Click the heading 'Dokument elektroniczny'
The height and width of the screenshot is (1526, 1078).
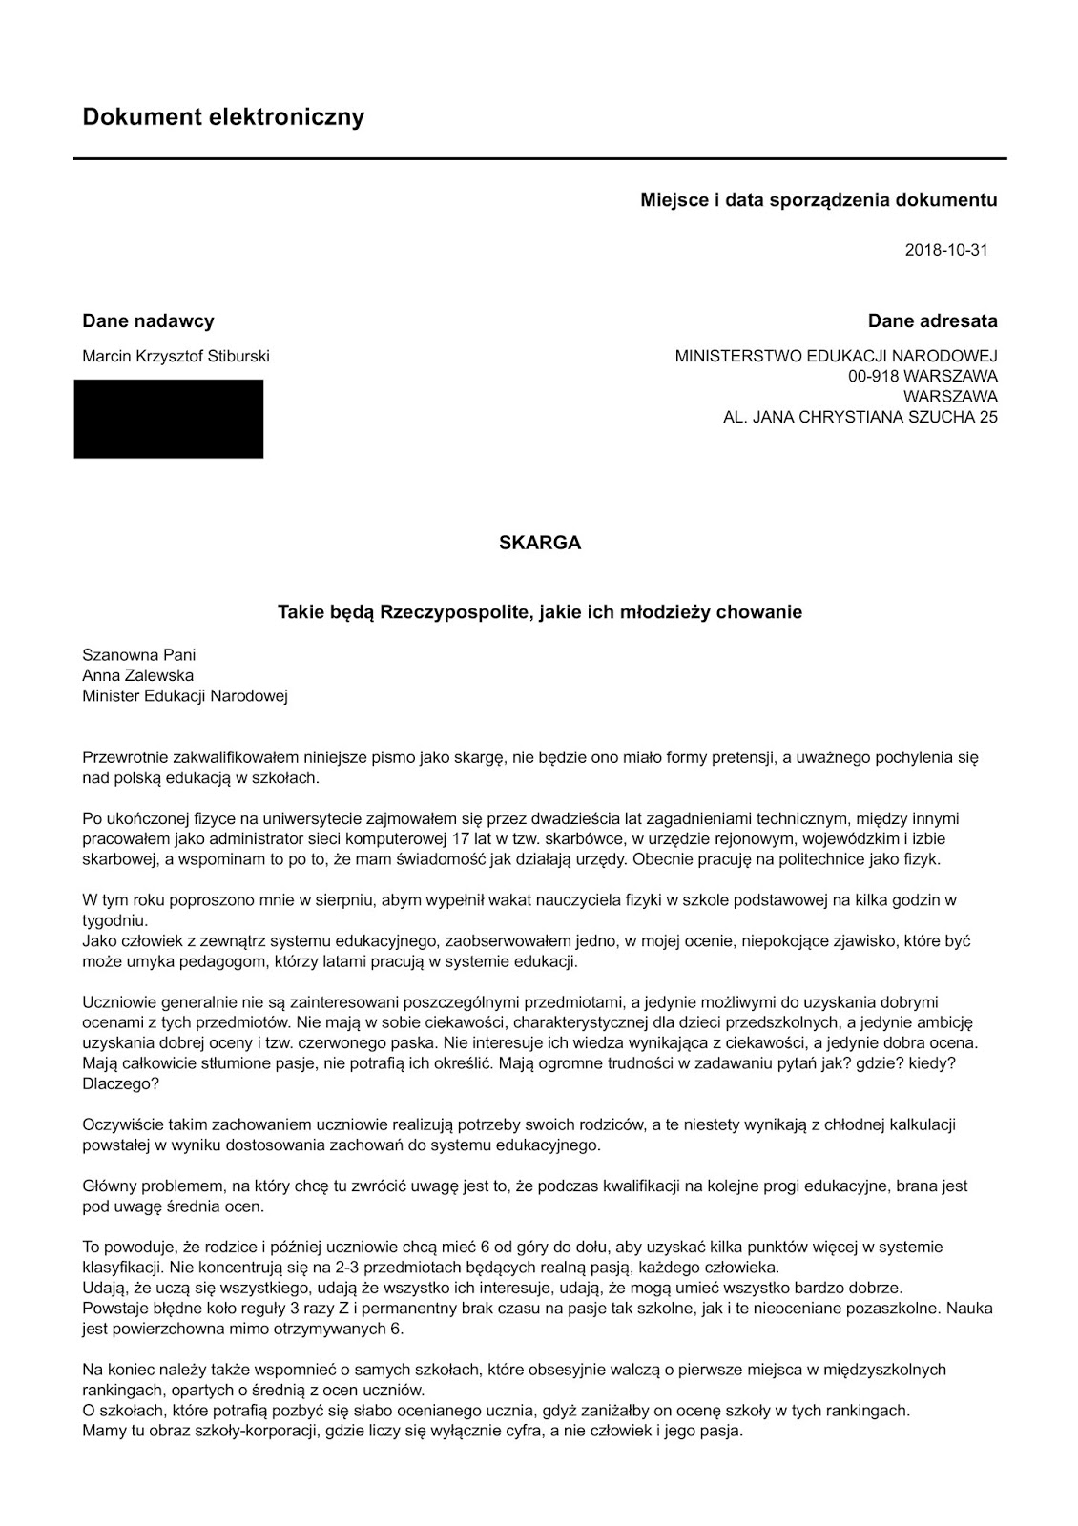pos(223,117)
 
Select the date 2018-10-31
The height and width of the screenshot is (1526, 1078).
pos(945,250)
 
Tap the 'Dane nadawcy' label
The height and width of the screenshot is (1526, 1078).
pos(148,320)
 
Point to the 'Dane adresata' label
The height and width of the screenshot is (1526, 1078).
pos(932,320)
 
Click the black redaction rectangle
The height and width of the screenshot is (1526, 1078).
pos(169,419)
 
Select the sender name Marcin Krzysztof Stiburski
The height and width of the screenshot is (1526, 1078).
pos(176,356)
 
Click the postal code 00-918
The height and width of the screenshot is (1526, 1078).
pos(870,376)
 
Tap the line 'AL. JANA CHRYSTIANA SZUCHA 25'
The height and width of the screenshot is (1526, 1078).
pos(860,417)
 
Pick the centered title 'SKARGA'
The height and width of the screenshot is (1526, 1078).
pos(540,543)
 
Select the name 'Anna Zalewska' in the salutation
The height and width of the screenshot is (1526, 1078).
pos(138,675)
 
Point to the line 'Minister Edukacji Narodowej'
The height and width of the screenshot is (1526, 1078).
pos(185,695)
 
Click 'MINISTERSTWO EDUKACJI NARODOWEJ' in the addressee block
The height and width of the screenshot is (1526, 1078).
pos(836,356)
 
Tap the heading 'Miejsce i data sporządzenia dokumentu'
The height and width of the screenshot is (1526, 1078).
pos(819,200)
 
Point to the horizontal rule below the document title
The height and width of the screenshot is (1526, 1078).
pos(540,158)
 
